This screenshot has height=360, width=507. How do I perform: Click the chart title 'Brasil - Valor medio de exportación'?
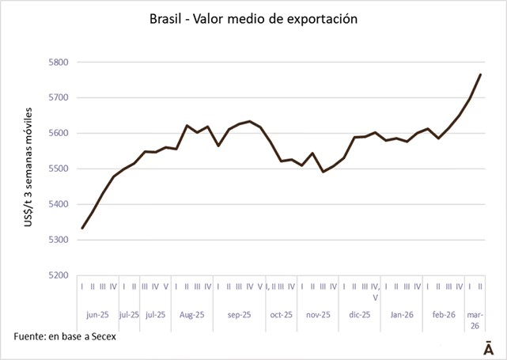(253, 17)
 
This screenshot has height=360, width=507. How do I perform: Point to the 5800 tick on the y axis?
(59, 62)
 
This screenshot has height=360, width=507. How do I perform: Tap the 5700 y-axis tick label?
(59, 97)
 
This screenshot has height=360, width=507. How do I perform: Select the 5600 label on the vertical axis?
(59, 133)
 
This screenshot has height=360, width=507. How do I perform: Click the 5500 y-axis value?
(59, 169)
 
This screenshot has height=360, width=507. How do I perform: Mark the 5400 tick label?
(59, 204)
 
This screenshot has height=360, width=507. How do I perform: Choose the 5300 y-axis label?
(59, 240)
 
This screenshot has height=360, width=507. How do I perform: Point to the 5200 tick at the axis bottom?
(59, 275)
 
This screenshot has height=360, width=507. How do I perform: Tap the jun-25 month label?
(98, 314)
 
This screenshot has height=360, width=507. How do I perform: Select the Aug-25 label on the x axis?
(191, 314)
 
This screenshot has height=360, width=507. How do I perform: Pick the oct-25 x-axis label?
(280, 314)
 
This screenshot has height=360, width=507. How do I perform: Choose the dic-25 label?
(360, 314)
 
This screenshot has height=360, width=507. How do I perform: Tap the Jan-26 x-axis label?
(401, 314)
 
